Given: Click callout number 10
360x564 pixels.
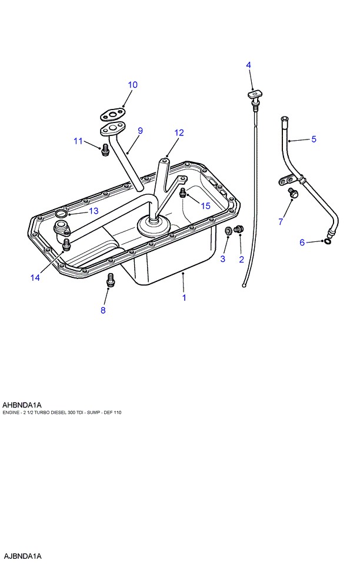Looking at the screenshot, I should tap(132, 85).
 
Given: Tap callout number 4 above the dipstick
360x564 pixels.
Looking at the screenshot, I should tap(249, 65).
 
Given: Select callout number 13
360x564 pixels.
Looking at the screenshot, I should tap(94, 211).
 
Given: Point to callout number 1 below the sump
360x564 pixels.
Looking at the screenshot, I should tap(184, 298).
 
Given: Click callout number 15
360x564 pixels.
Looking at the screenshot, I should tap(205, 205).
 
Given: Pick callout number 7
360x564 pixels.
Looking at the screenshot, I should tap(281, 222).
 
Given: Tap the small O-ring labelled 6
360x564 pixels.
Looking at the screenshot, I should tap(328, 240).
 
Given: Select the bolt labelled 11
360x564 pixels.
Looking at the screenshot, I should tap(105, 150).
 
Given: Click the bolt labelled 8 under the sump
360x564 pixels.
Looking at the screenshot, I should tap(109, 281).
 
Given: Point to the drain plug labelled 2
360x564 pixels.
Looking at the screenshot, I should tap(239, 229).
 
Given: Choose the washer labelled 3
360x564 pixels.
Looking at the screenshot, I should tap(228, 231).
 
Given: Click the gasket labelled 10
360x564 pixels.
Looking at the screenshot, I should tap(112, 112).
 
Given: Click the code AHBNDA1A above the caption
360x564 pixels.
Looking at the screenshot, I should tap(22, 404).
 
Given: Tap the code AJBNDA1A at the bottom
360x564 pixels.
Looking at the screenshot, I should tap(23, 556).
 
